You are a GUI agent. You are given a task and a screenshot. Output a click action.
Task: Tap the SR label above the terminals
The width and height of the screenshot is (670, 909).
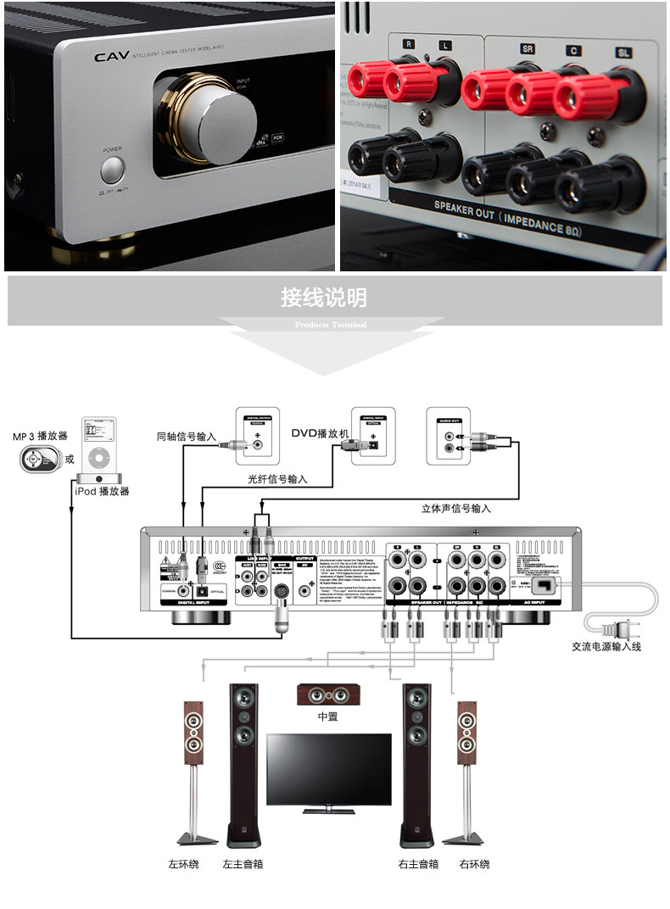pos(528,50)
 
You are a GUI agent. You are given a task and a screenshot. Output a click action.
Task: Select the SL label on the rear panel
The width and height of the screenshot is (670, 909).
pos(623,53)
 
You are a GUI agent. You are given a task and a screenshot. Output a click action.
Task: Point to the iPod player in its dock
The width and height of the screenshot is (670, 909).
pos(98,450)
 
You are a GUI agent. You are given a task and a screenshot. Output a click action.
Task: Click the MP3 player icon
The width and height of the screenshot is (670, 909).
pos(33,461)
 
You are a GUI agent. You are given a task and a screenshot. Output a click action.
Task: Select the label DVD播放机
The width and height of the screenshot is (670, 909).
pos(320,432)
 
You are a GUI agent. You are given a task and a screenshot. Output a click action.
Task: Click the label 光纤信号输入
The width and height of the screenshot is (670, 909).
pos(277,479)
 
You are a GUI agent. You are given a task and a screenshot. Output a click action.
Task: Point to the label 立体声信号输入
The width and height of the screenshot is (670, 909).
pos(456,509)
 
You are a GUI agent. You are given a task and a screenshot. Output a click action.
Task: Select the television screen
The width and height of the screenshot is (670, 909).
pos(328,767)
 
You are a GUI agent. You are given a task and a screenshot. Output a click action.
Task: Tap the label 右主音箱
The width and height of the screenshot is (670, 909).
pos(418,865)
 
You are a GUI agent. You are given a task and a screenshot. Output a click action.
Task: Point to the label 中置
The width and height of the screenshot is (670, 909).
pos(327,717)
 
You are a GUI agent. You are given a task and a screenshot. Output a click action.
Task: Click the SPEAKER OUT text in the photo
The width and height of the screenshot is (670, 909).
pos(463,209)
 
